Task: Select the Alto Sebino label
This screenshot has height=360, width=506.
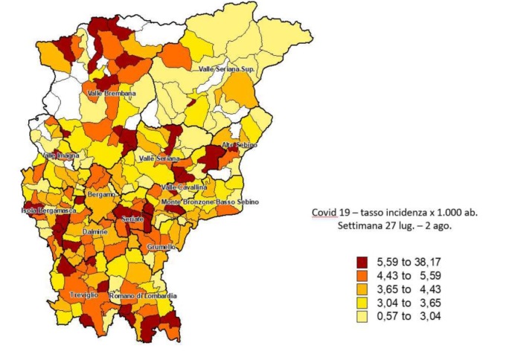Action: pos(239,145)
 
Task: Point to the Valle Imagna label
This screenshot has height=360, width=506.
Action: pos(61,155)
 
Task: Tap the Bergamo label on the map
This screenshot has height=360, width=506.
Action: pos(102,194)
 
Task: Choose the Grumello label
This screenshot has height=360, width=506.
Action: pos(161,246)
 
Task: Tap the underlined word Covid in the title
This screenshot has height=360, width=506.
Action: pos(324,212)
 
